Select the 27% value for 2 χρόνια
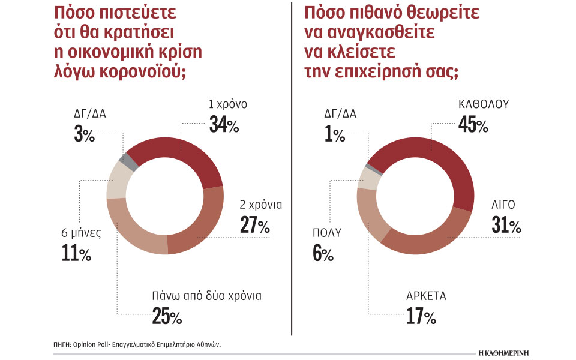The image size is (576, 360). (254, 226)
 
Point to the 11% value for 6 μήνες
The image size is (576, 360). (76, 254)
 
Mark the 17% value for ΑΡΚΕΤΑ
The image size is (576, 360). (420, 316)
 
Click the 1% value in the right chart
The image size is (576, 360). (334, 135)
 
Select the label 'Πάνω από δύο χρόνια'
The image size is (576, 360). (206, 296)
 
